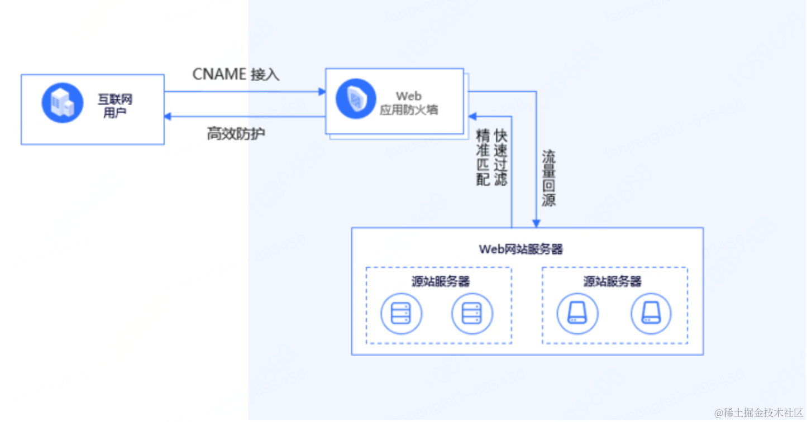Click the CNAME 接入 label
(x=235, y=74)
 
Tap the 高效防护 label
(x=236, y=134)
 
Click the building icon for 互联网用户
(x=63, y=103)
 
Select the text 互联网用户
(x=115, y=106)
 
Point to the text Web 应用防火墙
(x=408, y=103)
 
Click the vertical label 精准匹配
(x=483, y=157)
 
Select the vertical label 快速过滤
(x=500, y=157)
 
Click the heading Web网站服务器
(x=521, y=249)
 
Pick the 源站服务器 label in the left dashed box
(x=441, y=281)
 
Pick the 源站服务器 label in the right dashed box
(x=613, y=281)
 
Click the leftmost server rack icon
(x=401, y=313)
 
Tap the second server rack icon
(x=472, y=313)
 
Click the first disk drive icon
(x=577, y=313)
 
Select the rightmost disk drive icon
(x=651, y=313)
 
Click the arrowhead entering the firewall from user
(x=322, y=91)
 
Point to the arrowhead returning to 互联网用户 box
(x=168, y=116)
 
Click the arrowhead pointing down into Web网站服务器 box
(x=536, y=223)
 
